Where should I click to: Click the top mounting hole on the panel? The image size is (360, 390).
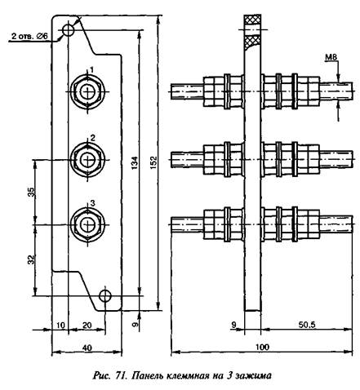[x=68, y=30]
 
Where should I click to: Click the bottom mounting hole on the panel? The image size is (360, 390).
[x=104, y=295]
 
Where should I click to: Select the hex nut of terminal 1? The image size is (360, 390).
[x=87, y=91]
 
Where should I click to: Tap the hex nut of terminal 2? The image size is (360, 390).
[x=87, y=160]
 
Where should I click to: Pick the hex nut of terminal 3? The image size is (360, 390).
[x=87, y=224]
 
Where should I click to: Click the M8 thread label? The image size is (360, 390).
[x=331, y=57]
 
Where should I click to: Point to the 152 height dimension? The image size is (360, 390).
[x=153, y=163]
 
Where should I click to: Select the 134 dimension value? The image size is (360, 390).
[x=135, y=163]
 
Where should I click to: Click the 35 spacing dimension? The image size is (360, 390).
[x=32, y=193]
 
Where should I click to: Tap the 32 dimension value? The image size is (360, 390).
[x=32, y=259]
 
